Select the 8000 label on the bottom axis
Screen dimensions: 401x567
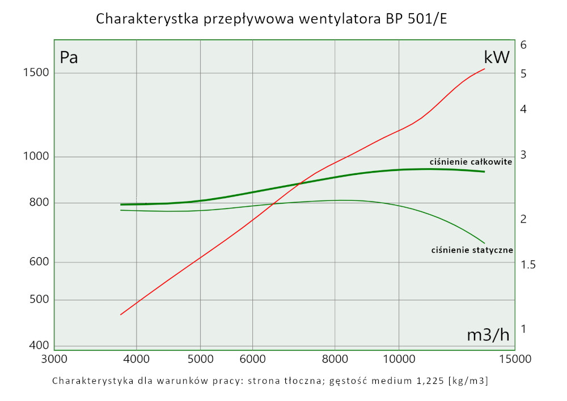tap(335, 359)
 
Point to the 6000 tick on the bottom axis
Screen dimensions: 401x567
tap(252, 359)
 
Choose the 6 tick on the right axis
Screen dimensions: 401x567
tap(524, 45)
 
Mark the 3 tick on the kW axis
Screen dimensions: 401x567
tap(524, 154)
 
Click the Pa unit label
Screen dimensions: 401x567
tap(69, 57)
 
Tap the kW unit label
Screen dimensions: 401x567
tap(497, 57)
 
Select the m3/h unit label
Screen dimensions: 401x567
tap(488, 335)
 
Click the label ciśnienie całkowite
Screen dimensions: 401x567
tap(471, 162)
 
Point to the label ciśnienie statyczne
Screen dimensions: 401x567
tap(472, 250)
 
